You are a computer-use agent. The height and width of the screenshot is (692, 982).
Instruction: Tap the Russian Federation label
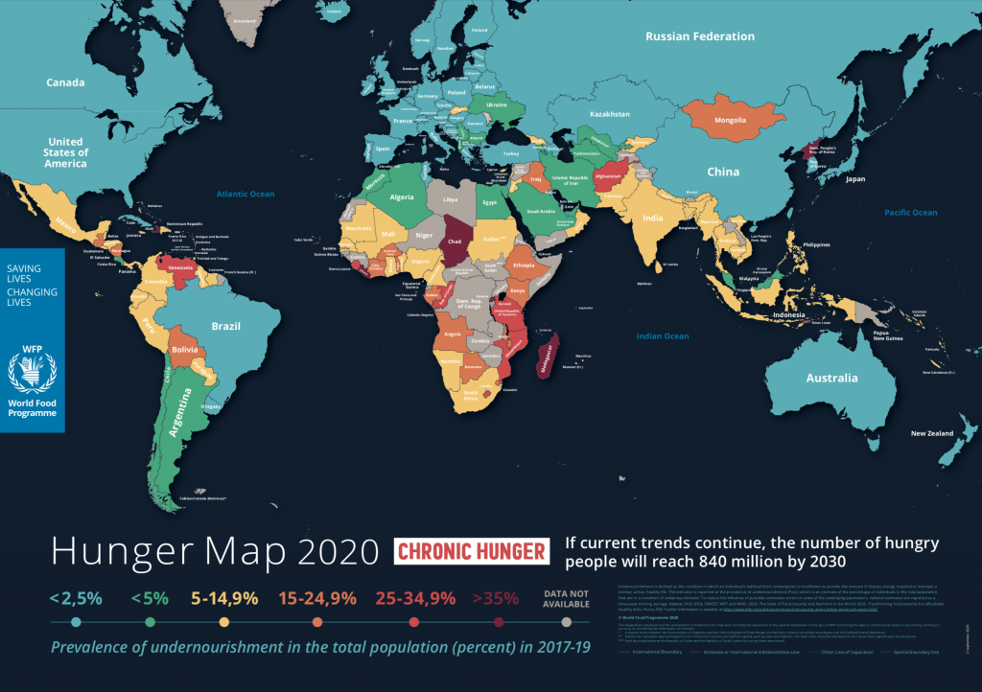point(699,36)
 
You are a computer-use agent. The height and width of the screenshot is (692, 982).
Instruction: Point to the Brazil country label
point(225,326)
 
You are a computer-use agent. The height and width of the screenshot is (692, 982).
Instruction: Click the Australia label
point(831,378)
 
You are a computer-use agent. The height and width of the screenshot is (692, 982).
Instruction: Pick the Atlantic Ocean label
point(245,194)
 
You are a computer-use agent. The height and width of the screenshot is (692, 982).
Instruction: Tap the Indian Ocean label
point(663,335)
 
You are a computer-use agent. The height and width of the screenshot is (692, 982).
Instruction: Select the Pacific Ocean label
point(910,212)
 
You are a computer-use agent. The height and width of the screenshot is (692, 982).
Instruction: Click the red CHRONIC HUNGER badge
point(472,551)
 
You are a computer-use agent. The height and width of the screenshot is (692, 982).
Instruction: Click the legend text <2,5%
point(75,598)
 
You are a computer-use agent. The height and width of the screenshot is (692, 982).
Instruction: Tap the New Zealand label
point(932,433)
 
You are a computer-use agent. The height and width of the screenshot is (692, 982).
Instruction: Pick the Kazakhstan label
point(609,114)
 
